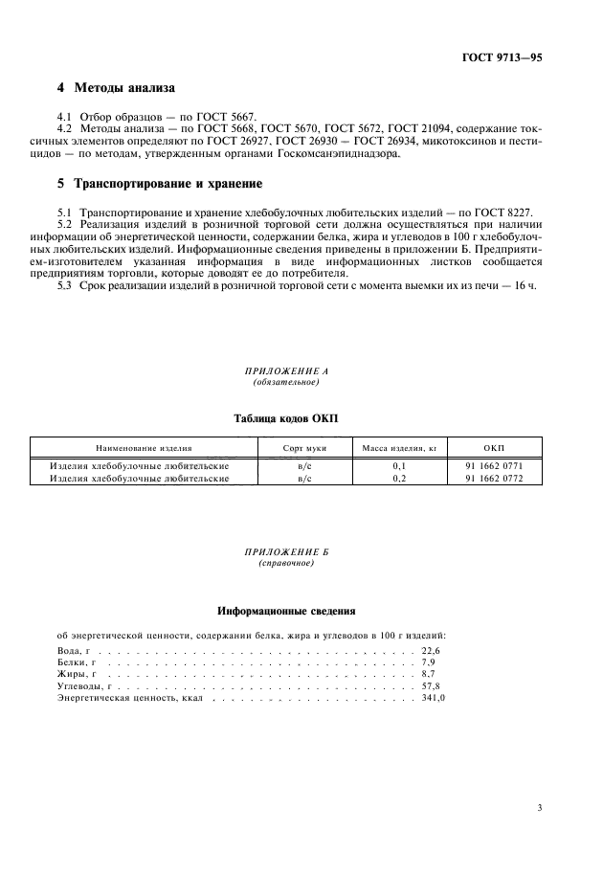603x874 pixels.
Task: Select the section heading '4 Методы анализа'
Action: click(116, 88)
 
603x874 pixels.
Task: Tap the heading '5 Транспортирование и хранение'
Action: click(160, 183)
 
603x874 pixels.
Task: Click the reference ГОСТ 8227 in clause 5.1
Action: click(511, 210)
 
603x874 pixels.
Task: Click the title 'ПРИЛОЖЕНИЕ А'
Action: click(286, 371)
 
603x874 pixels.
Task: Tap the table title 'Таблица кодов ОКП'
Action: click(286, 417)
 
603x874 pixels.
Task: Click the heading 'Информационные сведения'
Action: click(286, 610)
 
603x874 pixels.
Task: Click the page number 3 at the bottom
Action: click(540, 808)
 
